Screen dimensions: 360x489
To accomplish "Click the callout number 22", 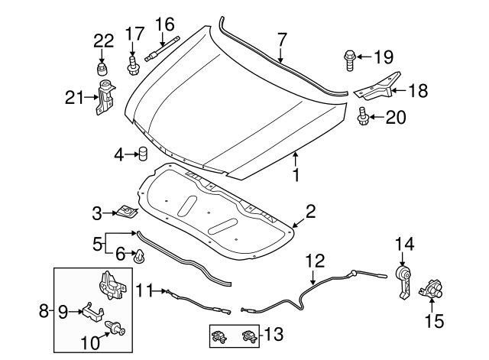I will pyautogui.click(x=103, y=40).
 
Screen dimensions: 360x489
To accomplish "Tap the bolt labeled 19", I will pyautogui.click(x=348, y=57).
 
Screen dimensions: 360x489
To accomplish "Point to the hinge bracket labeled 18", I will pyautogui.click(x=381, y=89).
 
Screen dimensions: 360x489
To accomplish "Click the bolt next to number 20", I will pyautogui.click(x=363, y=117).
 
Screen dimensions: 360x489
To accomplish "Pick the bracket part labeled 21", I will pyautogui.click(x=104, y=98).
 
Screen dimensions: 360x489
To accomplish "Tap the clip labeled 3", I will pyautogui.click(x=127, y=210).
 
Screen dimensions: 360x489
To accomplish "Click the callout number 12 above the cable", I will pyautogui.click(x=316, y=261).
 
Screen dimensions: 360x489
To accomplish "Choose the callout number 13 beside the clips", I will pyautogui.click(x=274, y=333).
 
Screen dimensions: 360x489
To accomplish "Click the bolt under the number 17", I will pyautogui.click(x=132, y=65).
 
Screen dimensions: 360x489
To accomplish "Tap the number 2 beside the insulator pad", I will pyautogui.click(x=310, y=210).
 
